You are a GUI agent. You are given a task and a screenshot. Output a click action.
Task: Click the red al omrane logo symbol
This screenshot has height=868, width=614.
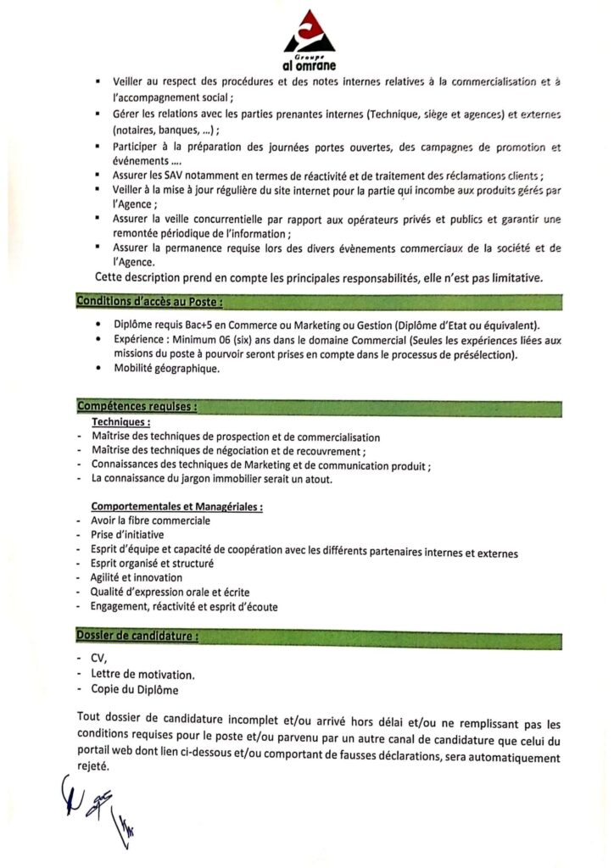coord(309,32)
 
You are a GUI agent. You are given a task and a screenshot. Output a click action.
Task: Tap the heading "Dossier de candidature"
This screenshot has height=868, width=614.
coord(137,635)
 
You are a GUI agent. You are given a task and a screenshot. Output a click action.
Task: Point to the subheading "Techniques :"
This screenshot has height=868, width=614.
coord(121,421)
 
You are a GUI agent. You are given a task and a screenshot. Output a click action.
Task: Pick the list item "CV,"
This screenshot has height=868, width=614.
coord(98,659)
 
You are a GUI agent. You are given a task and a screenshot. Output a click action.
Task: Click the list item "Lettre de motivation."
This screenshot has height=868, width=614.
coord(142,675)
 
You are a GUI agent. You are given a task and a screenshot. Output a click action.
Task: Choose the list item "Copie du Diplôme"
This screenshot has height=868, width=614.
coord(130,689)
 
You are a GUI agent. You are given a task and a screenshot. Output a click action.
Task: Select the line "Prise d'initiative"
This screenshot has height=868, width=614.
coord(127,535)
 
